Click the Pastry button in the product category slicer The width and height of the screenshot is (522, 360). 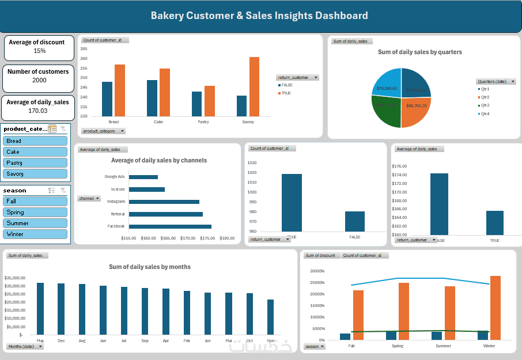(35, 163)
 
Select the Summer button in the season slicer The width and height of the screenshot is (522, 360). (35, 223)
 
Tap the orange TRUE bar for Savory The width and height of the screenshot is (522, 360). (254, 86)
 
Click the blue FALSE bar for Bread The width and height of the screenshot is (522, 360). (107, 99)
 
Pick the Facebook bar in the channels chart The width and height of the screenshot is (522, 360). (170, 226)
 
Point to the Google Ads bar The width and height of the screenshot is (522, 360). (143, 177)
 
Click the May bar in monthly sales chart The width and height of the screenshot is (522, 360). (40, 308)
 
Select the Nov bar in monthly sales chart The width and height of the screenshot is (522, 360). (270, 317)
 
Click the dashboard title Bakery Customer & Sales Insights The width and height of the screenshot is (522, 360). (259, 16)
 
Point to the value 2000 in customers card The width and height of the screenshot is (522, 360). (40, 81)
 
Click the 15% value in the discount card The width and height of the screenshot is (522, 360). (40, 51)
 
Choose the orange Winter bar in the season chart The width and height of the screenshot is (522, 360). (495, 308)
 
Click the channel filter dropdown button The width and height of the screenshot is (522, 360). (89, 198)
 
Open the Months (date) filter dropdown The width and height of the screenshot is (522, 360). (25, 346)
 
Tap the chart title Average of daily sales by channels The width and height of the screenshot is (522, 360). (159, 160)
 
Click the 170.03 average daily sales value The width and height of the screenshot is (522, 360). (38, 111)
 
